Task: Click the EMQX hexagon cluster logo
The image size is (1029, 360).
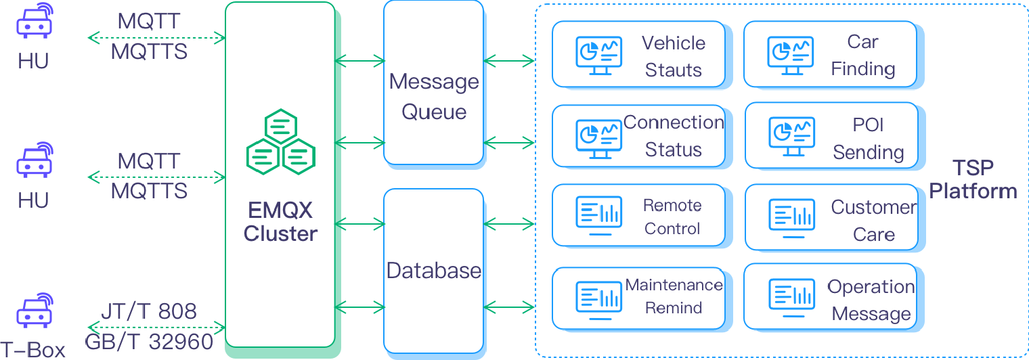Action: pyautogui.click(x=281, y=142)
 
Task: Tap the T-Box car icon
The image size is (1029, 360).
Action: pyautogui.click(x=35, y=310)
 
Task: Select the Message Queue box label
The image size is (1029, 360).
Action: pyautogui.click(x=434, y=96)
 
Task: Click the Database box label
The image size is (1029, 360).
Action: pyautogui.click(x=434, y=271)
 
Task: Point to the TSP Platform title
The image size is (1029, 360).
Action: pyautogui.click(x=973, y=179)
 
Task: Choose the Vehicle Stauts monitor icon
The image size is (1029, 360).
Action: pyautogui.click(x=598, y=55)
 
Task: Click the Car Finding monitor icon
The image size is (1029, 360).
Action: pyautogui.click(x=790, y=55)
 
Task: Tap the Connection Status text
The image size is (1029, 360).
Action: pyautogui.click(x=674, y=136)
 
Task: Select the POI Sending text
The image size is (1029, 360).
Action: pyautogui.click(x=868, y=138)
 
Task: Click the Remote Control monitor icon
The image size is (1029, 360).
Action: pyautogui.click(x=598, y=216)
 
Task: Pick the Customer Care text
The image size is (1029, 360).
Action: pyautogui.click(x=874, y=221)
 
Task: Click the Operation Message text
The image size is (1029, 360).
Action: pyautogui.click(x=871, y=300)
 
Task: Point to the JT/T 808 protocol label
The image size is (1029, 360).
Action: pyautogui.click(x=149, y=311)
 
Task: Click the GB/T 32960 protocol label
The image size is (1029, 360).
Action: pyautogui.click(x=149, y=342)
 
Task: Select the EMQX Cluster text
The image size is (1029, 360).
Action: pyautogui.click(x=280, y=222)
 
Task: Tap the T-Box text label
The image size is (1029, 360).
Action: pyautogui.click(x=32, y=350)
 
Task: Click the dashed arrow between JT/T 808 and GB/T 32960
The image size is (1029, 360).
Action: pyautogui.click(x=156, y=328)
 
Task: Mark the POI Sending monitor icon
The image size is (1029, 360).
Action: pyautogui.click(x=791, y=137)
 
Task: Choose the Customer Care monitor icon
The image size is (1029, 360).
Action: pyautogui.click(x=791, y=218)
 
